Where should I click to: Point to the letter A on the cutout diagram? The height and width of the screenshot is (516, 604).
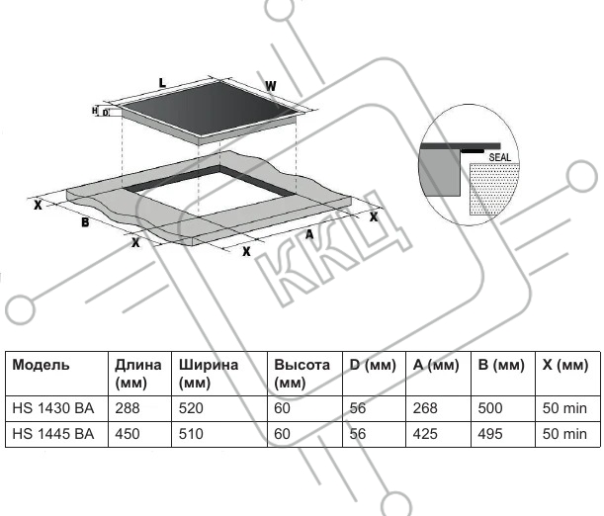[x=309, y=234]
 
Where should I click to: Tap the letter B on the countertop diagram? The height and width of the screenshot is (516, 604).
[x=85, y=223]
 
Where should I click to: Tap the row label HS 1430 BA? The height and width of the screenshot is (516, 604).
[x=52, y=407]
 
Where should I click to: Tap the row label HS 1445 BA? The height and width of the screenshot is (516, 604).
[x=52, y=433]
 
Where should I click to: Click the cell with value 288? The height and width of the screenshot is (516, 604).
[x=128, y=407]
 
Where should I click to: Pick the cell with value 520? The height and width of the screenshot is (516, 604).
[x=191, y=407]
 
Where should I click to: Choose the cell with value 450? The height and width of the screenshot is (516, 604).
[x=128, y=433]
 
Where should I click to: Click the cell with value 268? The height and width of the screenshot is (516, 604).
[x=426, y=407]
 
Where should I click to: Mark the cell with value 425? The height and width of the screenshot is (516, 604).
[x=426, y=433]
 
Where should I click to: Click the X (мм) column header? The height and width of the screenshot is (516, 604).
[x=565, y=365]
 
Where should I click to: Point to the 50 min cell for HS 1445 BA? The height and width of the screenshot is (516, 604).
[x=564, y=433]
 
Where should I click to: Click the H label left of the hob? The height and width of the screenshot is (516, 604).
[x=96, y=111]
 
